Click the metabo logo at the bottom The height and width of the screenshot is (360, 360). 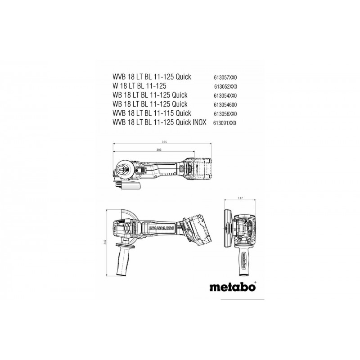(x=232, y=287)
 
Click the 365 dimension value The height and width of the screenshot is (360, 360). (x=164, y=142)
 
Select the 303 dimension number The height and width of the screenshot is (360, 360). (x=159, y=150)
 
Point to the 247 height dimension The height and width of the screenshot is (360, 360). (x=105, y=242)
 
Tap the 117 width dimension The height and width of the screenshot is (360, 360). (x=240, y=198)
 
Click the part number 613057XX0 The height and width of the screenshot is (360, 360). (x=225, y=78)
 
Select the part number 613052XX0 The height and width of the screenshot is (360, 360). (x=225, y=87)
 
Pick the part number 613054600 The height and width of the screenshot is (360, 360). (x=225, y=105)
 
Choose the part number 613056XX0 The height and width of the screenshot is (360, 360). (x=225, y=114)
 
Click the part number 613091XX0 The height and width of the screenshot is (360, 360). (x=225, y=123)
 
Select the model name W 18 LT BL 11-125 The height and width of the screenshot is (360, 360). (x=139, y=86)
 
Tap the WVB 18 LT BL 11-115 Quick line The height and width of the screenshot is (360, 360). (x=152, y=113)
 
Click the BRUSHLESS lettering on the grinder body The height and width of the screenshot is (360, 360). (x=159, y=228)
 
